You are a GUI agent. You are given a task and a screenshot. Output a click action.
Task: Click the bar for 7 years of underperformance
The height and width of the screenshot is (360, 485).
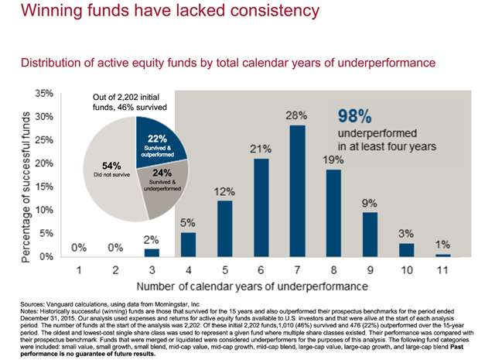296,190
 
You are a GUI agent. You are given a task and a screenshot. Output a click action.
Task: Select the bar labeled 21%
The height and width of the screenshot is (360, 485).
261,207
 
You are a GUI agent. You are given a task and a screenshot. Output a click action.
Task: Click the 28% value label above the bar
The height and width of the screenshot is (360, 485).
296,116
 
